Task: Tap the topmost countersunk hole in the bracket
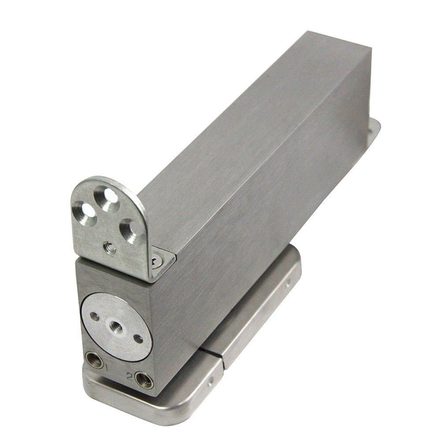107,197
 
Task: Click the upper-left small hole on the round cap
94,316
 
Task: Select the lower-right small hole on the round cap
138,339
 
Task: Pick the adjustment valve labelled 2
144,380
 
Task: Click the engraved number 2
129,376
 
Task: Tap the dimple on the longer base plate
288,281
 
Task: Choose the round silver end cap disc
117,327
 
